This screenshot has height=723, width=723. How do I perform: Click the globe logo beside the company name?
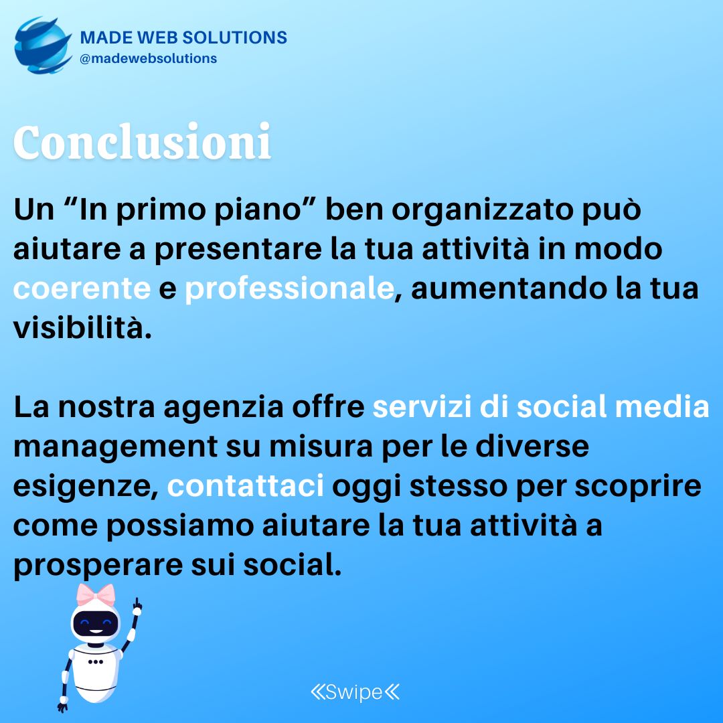click(x=43, y=46)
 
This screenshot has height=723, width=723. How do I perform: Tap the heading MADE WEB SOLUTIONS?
click(x=183, y=37)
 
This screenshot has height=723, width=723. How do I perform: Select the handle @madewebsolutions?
click(x=148, y=58)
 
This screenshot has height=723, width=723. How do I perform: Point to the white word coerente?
click(x=82, y=289)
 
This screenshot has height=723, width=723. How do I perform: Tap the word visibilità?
click(x=82, y=328)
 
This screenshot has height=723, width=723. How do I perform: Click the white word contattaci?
click(x=245, y=485)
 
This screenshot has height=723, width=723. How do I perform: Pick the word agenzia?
click(x=224, y=408)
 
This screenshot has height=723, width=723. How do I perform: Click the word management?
click(x=115, y=447)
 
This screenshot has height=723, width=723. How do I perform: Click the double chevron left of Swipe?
click(x=318, y=692)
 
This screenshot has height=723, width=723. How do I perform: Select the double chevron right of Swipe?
click(x=392, y=692)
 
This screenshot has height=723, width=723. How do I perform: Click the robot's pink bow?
click(x=96, y=595)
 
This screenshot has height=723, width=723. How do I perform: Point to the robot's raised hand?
click(x=137, y=607)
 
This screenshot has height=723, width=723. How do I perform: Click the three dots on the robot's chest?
click(x=96, y=662)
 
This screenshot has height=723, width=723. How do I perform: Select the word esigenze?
click(x=86, y=487)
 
